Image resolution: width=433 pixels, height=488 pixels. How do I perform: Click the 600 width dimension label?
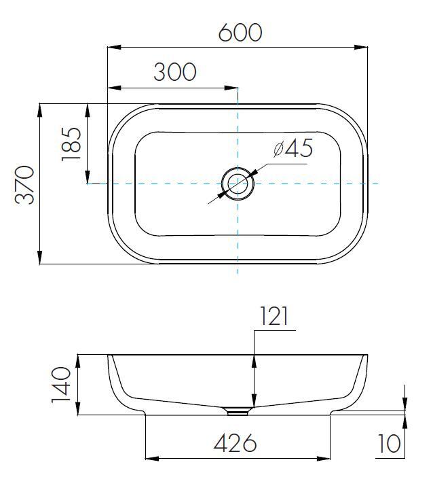pyautogui.click(x=240, y=32)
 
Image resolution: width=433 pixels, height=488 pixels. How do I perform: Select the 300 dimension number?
pyautogui.click(x=174, y=71)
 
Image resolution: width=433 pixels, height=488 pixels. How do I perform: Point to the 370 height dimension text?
pyautogui.click(x=25, y=184)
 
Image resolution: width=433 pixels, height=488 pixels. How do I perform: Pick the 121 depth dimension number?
pyautogui.click(x=274, y=316)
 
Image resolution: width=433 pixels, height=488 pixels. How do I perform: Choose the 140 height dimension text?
pyautogui.click(x=62, y=385)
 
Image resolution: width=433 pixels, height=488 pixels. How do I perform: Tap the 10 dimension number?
pyautogui.click(x=390, y=443)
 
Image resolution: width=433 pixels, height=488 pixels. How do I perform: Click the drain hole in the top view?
pyautogui.click(x=238, y=184)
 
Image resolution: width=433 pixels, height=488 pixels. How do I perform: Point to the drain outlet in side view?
pyautogui.click(x=238, y=411)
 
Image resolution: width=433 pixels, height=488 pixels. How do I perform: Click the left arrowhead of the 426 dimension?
pyautogui.click(x=151, y=459)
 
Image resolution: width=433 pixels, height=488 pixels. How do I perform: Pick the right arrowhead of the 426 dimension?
pyautogui.click(x=324, y=459)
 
